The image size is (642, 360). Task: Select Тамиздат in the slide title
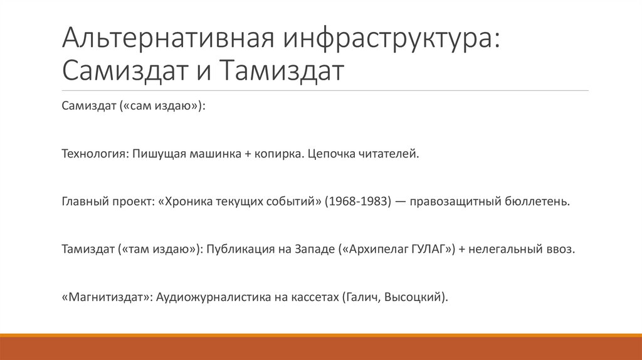pyautogui.click(x=282, y=70)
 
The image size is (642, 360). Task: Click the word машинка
pyautogui.click(x=211, y=154)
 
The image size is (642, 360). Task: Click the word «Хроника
pyautogui.click(x=186, y=201)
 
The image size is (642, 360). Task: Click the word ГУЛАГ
pyautogui.click(x=429, y=249)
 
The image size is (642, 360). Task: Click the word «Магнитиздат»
pyautogui.click(x=107, y=297)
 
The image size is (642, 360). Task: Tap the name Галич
pyautogui.click(x=362, y=297)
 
